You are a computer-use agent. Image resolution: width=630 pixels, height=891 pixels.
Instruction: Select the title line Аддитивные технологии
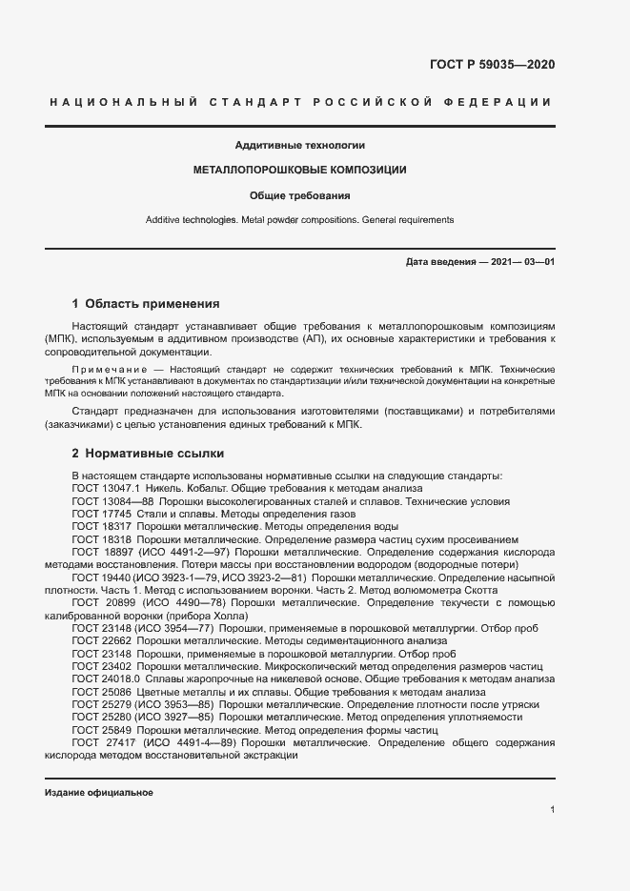pyautogui.click(x=300, y=146)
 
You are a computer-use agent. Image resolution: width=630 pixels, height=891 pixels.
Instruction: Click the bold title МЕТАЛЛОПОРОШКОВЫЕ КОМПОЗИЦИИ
pyautogui.click(x=300, y=171)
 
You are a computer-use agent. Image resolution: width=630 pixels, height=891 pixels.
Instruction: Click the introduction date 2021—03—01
pyautogui.click(x=522, y=261)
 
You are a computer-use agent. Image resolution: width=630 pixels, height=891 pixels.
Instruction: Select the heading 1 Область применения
pyautogui.click(x=146, y=304)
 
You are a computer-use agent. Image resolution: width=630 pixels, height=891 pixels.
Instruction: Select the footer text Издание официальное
pyautogui.click(x=98, y=793)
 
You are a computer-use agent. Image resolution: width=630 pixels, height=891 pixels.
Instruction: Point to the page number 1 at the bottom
pyautogui.click(x=552, y=809)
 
